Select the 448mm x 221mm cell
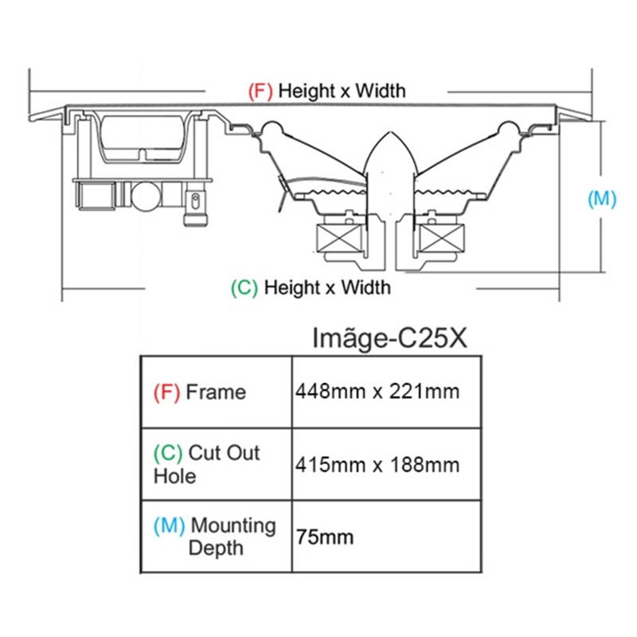[x=377, y=392]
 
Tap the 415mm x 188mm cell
[x=377, y=464]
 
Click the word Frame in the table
[x=216, y=392]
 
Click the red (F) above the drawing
[x=260, y=91]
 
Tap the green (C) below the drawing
[x=244, y=287]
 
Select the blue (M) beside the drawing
[x=602, y=199]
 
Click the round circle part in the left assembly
[x=146, y=194]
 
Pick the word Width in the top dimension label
[x=380, y=91]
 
